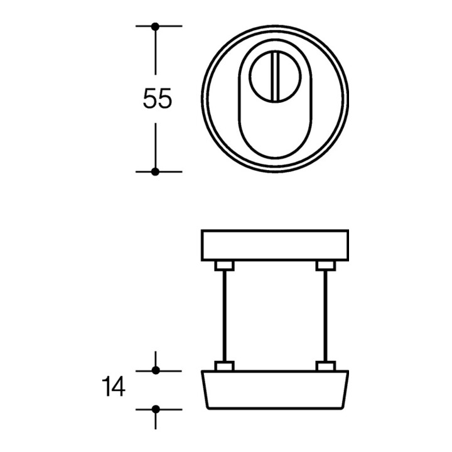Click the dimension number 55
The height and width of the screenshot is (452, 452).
coord(158,99)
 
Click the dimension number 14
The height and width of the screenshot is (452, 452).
coord(114,386)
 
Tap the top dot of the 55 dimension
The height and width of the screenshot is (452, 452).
coord(156,26)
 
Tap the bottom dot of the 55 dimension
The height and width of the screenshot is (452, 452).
coord(156,172)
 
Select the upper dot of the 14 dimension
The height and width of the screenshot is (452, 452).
coord(156,370)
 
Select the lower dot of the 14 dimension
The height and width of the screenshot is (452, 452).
coord(156,409)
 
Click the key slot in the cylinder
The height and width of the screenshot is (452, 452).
coord(274,77)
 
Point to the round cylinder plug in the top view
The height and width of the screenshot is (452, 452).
coord(275,77)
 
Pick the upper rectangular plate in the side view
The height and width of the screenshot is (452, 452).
coord(275,245)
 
